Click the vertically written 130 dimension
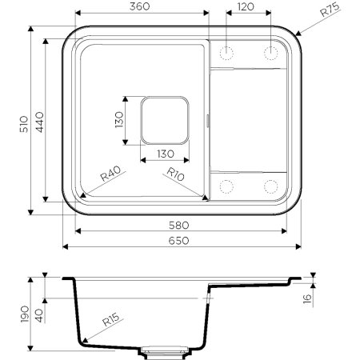coord(118,121)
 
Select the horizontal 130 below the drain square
coord(166,154)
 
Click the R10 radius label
coord(176,174)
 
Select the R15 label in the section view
coord(110,322)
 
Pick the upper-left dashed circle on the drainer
coord(227,53)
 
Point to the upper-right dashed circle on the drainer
coord(272,53)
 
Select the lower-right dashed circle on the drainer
coord(272,186)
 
